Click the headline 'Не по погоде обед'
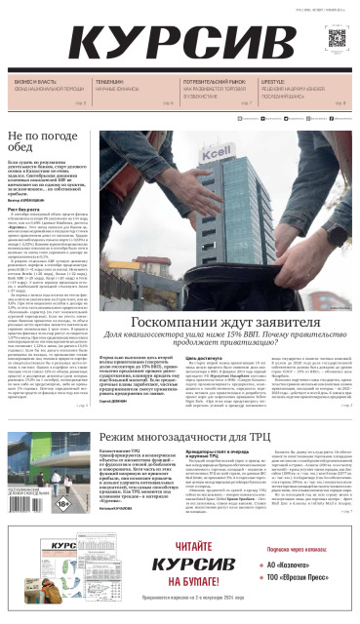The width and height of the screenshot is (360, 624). pyautogui.click(x=44, y=143)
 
